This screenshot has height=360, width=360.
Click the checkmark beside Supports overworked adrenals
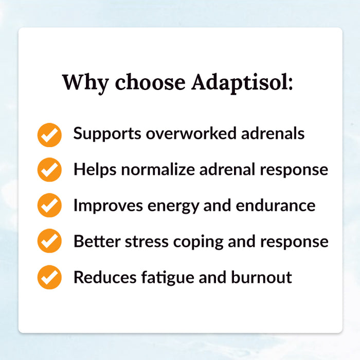click(x=49, y=134)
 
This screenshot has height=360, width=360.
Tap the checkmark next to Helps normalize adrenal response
click(x=49, y=170)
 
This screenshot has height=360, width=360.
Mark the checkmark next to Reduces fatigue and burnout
click(x=49, y=278)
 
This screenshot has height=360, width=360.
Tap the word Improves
click(x=108, y=206)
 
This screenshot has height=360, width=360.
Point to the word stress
click(x=143, y=242)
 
